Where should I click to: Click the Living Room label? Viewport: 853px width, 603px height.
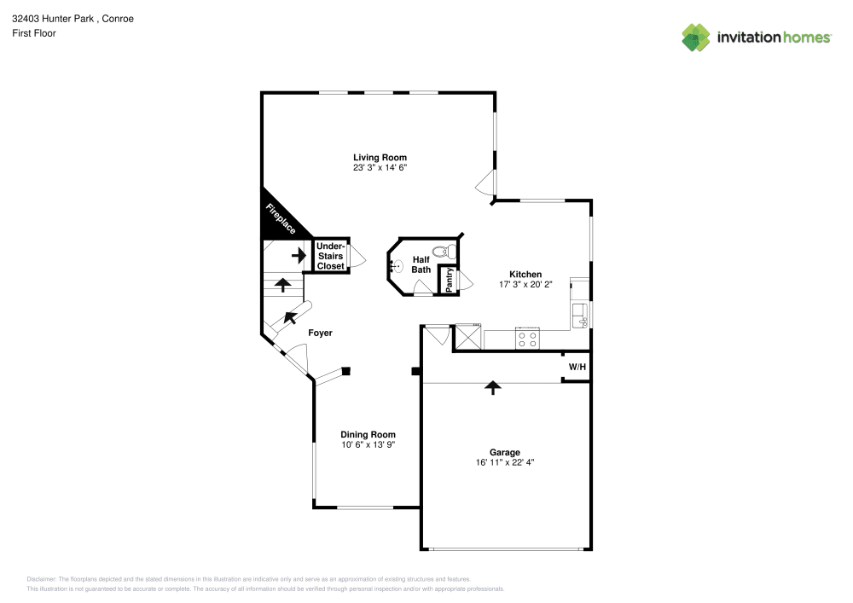pos(380,157)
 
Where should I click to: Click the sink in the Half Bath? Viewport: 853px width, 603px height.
pos(395,266)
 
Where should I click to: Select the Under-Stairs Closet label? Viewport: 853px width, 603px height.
pos(331,256)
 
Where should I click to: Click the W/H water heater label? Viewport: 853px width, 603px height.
pos(577,367)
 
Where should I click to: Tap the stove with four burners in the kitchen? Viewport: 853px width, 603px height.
pos(527,339)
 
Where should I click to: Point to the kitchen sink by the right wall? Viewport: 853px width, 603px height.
pos(580,314)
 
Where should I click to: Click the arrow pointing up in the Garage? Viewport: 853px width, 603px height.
pos(492,388)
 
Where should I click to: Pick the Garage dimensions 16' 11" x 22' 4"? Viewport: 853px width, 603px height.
pos(504,462)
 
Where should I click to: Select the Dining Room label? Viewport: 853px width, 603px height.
pos(368,434)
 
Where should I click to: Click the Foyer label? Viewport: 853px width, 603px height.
pos(320,333)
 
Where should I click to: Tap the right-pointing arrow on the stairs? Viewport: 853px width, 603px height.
pos(298,254)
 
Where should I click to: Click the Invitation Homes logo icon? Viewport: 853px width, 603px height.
pos(695,38)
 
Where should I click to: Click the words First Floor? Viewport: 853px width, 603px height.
pos(33,33)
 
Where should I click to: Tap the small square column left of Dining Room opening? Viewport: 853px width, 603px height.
pos(345,370)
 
